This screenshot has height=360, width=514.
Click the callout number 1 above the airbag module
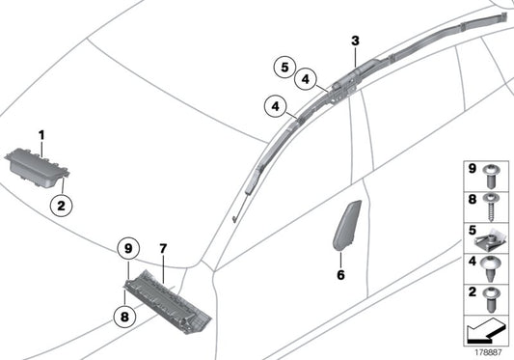coord(41,135)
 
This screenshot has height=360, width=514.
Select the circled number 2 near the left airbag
coord(62,207)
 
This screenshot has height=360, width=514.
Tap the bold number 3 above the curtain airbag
coord(355,42)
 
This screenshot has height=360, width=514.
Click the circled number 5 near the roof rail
coord(284,68)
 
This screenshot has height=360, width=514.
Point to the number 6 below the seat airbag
coord(341,275)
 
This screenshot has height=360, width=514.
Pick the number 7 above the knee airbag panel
coord(163,249)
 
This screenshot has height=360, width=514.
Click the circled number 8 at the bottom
coord(124,317)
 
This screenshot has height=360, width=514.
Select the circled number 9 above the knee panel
coord(128,248)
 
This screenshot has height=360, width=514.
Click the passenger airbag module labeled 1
coord(37,168)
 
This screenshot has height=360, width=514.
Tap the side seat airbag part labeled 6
coord(347,225)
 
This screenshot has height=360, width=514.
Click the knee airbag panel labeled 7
coord(168,301)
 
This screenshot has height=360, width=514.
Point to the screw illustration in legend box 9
coord(491,177)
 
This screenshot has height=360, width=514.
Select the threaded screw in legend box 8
coord(492,208)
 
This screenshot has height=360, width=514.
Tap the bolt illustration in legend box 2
coord(491,299)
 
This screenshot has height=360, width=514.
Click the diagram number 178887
coord(488,353)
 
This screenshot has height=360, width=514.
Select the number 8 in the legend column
coord(472,199)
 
